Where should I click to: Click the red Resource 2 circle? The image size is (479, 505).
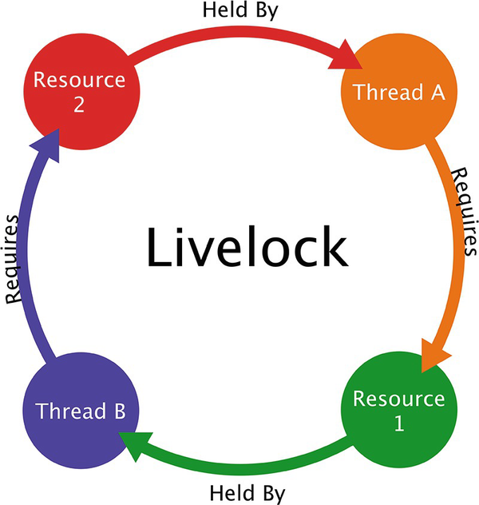[79, 92]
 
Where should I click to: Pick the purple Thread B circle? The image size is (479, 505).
[80, 412]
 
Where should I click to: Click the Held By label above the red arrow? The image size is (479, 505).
[239, 12]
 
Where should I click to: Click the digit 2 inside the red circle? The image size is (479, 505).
[79, 105]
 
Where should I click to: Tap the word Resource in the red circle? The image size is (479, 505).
[79, 80]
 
